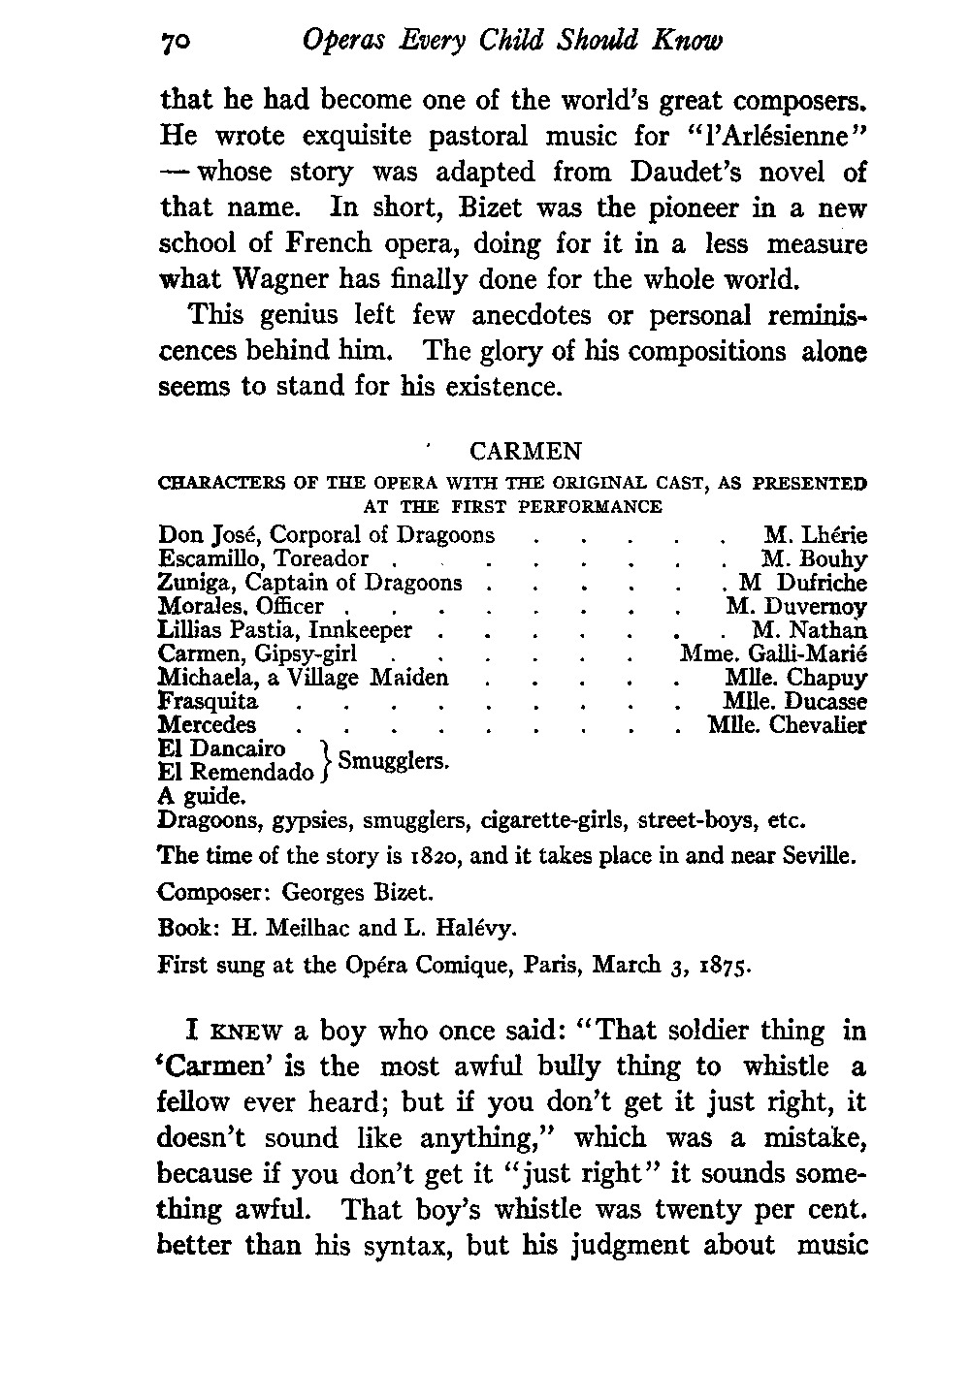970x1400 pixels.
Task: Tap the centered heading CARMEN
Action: (525, 452)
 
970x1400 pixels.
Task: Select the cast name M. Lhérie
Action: (815, 535)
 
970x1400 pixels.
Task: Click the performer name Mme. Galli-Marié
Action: (773, 654)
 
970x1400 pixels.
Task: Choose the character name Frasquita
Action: (208, 701)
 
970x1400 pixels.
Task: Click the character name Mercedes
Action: (207, 725)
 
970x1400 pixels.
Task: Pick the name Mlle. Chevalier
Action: (787, 725)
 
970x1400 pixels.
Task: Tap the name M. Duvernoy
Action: (796, 607)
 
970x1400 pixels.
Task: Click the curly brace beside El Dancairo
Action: (326, 761)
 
